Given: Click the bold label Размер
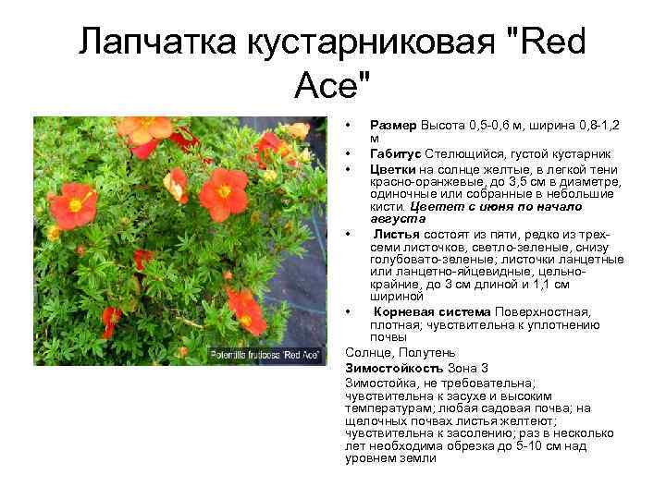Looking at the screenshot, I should [394, 124].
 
